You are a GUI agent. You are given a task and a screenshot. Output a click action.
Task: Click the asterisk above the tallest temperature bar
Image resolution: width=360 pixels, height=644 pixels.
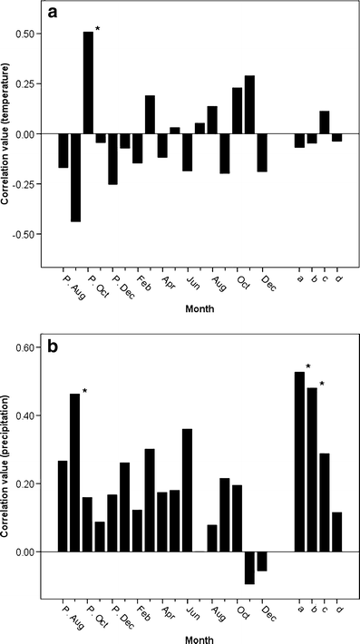click(x=97, y=29)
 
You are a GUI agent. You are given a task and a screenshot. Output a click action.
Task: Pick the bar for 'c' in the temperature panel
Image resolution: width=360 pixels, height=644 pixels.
click(x=324, y=122)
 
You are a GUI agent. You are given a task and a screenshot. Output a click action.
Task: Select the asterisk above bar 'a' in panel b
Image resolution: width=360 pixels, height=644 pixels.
click(x=308, y=366)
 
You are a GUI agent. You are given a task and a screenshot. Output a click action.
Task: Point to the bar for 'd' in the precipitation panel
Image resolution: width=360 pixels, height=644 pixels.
click(x=336, y=532)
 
